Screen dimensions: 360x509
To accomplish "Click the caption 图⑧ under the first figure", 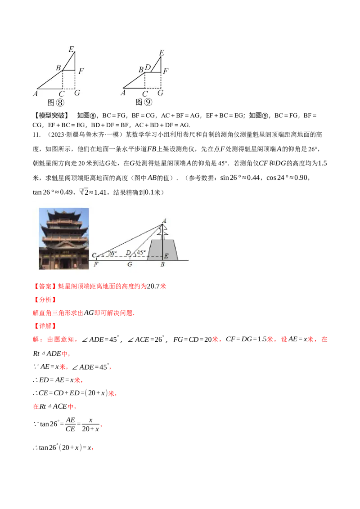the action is pos(56,103).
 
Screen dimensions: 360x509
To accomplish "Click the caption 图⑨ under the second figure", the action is pos(144,102).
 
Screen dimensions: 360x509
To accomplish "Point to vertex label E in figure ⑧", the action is pos(72,49).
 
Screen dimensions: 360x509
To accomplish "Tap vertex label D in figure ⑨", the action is pos(148,67).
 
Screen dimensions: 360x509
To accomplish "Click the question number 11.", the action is pos(37,135).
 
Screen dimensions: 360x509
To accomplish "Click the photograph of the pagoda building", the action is pos(64,239).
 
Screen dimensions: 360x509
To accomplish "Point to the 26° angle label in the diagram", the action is pos(112,253).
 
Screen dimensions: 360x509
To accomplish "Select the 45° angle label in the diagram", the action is pos(141,252).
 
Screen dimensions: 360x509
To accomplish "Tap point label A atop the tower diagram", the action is pos(164,221).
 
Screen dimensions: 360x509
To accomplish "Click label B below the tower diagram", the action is pos(162,264).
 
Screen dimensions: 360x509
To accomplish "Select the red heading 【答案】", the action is pos(45,286).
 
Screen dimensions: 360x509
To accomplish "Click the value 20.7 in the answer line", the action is pos(153,286).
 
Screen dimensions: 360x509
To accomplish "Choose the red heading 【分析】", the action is pos(45,299).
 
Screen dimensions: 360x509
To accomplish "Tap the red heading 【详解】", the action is pos(45,326).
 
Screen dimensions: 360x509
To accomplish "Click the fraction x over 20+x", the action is pos(90,424).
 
